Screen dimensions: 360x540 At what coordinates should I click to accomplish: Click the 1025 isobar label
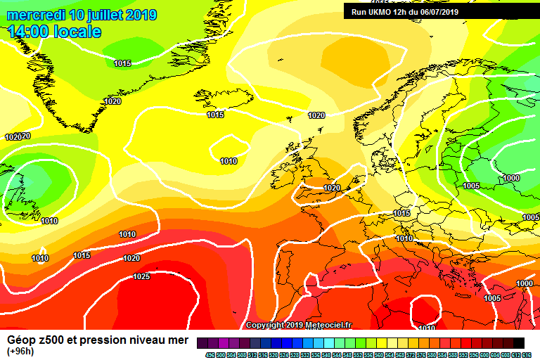[141, 276]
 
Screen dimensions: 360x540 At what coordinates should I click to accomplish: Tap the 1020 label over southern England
[332, 188]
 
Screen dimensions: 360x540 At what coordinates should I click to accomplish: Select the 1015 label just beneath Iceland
[215, 115]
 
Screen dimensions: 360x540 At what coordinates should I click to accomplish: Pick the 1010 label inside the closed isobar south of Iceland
[229, 161]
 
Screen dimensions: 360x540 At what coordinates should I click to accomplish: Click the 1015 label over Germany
[401, 213]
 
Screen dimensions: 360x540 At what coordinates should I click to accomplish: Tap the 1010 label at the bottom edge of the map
[426, 328]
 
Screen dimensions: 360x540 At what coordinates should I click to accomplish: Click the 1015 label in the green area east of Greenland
[122, 64]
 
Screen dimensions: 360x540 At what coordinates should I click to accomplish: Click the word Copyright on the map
[266, 325]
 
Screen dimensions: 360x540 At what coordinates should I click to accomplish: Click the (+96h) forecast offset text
[21, 352]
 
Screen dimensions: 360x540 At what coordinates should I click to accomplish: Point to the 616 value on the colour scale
[527, 354]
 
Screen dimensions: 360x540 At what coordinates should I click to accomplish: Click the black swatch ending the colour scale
[519, 342]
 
